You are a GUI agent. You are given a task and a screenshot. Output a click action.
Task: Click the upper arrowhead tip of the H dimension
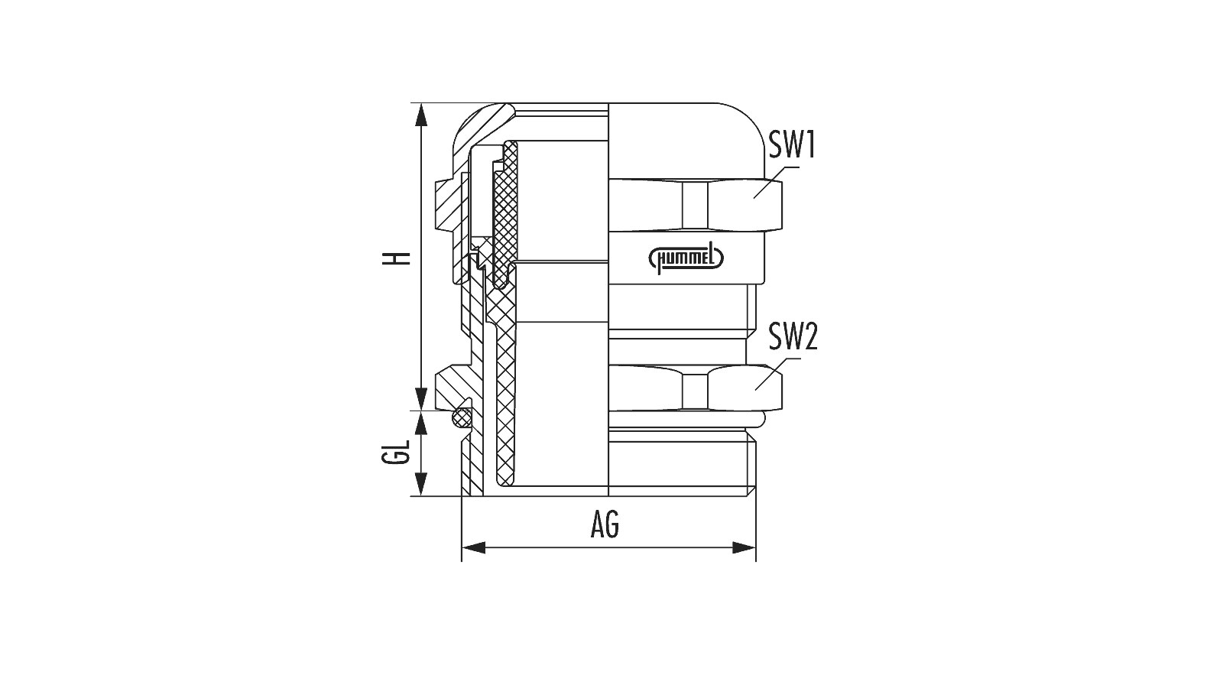421,104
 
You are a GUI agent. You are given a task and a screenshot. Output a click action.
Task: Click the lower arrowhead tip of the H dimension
421,410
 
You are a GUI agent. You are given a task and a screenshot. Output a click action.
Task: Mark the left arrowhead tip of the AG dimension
462,547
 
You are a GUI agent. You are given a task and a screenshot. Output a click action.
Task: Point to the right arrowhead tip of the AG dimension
756,547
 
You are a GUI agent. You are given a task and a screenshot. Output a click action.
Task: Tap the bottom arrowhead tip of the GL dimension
421,495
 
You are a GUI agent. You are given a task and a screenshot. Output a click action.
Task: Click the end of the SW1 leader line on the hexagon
754,198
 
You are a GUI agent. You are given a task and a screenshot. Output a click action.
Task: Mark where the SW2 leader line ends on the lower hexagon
756,389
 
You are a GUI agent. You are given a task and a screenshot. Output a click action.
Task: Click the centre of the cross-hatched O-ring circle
462,418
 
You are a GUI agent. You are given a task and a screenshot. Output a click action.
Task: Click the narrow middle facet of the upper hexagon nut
695,206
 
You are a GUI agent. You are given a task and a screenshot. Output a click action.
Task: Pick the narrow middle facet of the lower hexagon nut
695,391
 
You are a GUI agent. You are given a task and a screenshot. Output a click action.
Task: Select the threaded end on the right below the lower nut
682,463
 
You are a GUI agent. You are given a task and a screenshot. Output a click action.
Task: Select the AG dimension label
605,525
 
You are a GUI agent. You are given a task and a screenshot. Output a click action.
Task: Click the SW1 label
792,144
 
